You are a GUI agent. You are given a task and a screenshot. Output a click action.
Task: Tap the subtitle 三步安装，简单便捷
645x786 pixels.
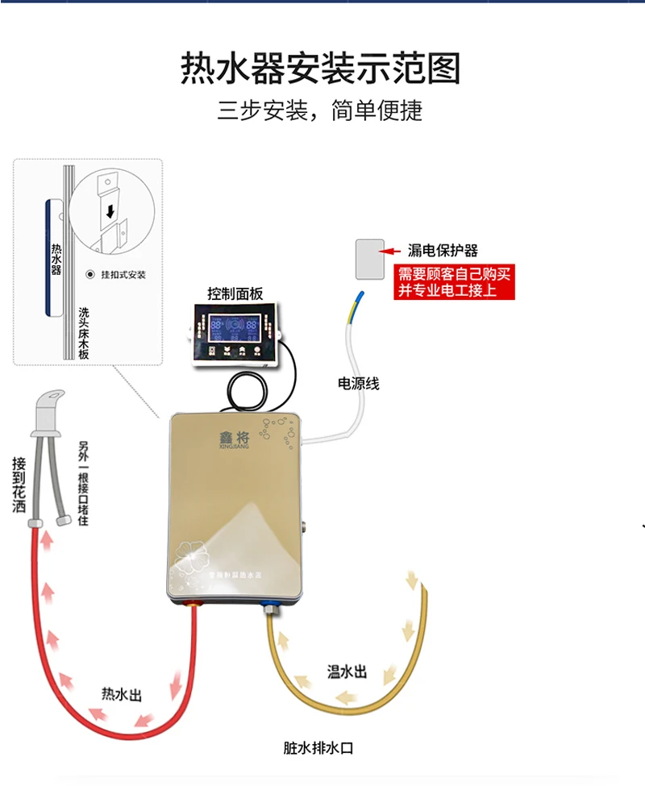[320, 110]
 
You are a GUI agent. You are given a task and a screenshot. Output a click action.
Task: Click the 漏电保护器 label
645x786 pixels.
[443, 251]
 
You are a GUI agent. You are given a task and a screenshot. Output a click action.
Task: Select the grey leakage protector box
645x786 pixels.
[370, 258]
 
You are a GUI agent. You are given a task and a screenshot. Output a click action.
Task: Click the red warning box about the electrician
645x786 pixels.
[452, 282]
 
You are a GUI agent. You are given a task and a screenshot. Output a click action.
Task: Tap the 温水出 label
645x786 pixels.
[347, 672]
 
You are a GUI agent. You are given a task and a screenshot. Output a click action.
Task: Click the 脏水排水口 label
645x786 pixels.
[318, 747]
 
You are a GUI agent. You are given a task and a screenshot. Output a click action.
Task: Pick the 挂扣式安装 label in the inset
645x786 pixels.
[123, 275]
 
